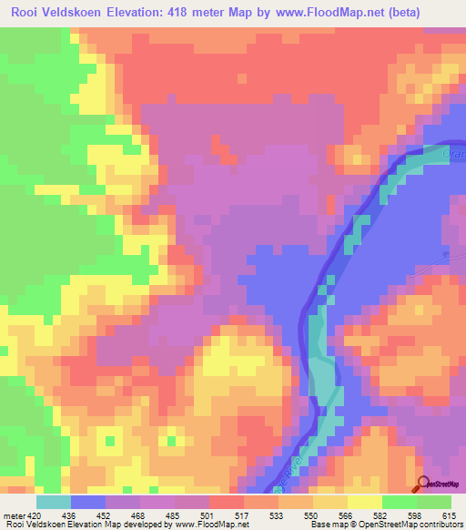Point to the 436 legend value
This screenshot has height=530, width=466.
point(68,515)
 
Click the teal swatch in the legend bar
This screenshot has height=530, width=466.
point(54,502)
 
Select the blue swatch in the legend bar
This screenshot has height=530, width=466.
point(88,502)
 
